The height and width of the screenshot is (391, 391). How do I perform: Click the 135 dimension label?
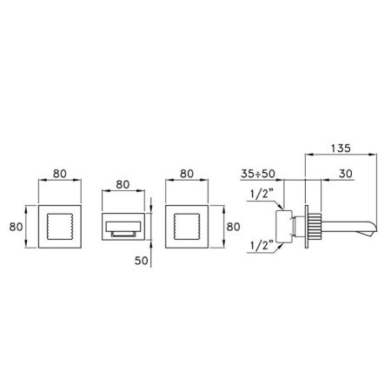[x=341, y=148]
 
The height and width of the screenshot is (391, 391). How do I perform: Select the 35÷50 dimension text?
[x=258, y=174]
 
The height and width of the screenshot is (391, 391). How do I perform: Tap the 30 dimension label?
[x=346, y=174]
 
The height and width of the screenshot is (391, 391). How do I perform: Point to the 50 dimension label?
[x=142, y=261]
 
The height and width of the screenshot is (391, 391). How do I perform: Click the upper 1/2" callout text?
[x=262, y=194]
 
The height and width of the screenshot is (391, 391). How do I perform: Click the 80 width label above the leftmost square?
[x=60, y=174]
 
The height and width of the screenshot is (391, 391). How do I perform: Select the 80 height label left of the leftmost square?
[x=16, y=227]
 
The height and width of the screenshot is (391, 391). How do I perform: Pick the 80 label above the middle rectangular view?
[x=123, y=184]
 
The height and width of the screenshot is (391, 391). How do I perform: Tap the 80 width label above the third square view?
[x=187, y=174]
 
